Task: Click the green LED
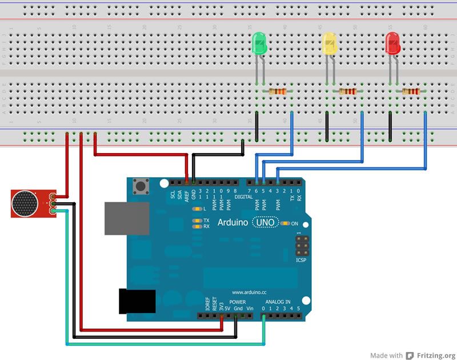click(x=259, y=45)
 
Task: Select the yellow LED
click(x=329, y=44)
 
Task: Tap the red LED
click(x=392, y=43)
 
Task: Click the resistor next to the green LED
click(x=278, y=91)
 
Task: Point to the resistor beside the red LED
click(x=410, y=91)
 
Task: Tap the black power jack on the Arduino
click(x=137, y=301)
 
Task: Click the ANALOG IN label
click(x=278, y=301)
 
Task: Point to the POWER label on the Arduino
click(x=238, y=301)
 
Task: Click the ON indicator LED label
click(x=295, y=223)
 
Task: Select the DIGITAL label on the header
click(x=243, y=197)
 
